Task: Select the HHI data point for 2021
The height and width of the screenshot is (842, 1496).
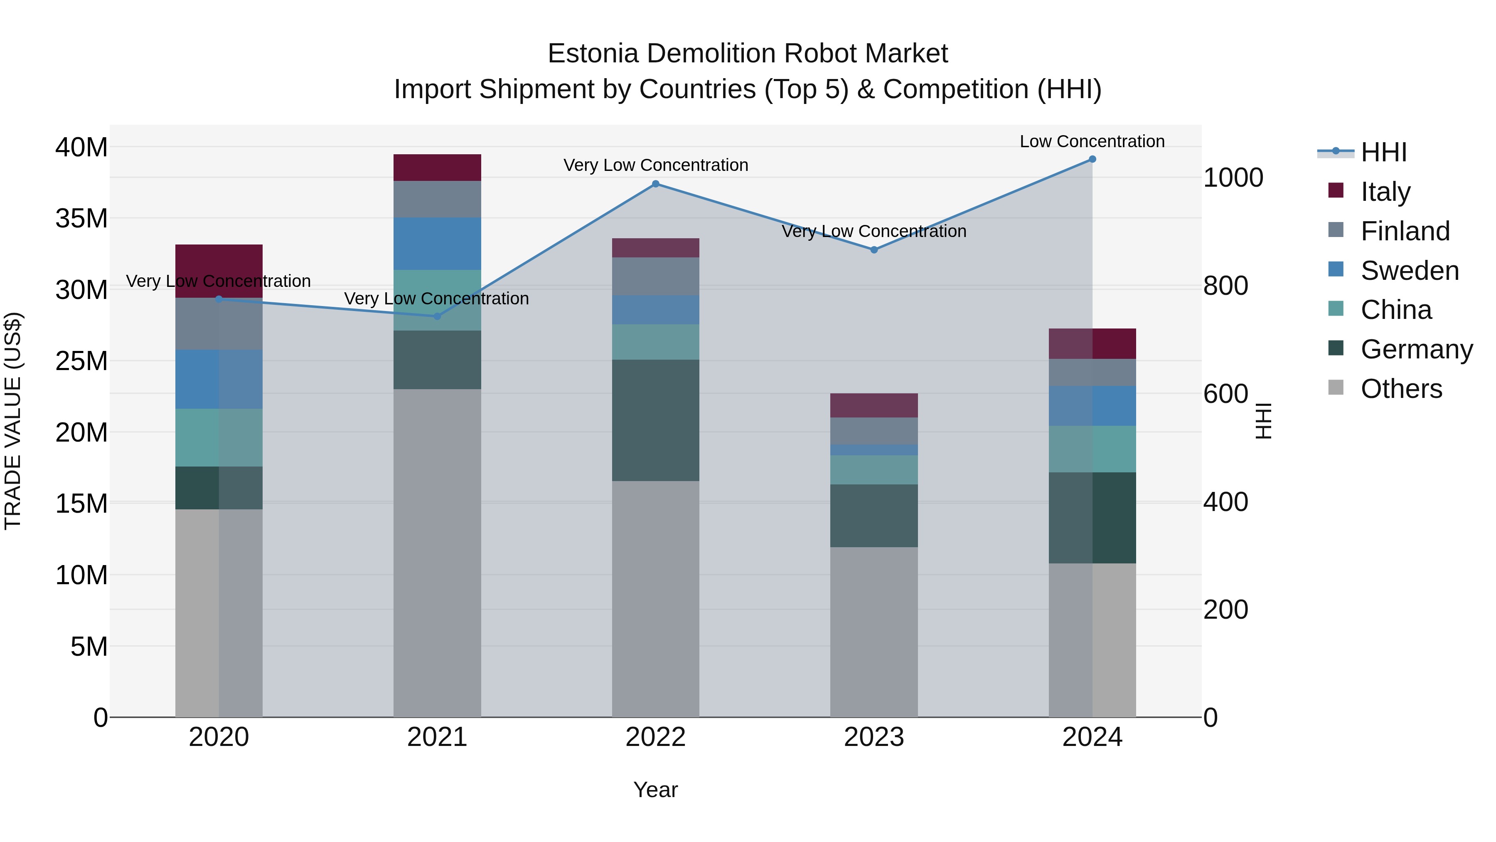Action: click(x=437, y=316)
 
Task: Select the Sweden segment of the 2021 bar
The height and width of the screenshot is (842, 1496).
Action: click(x=437, y=244)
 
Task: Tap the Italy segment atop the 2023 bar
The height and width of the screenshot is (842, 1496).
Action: click(x=873, y=405)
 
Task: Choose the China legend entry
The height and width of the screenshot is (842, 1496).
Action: click(x=1395, y=310)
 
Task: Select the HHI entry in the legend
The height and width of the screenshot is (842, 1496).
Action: click(x=1383, y=152)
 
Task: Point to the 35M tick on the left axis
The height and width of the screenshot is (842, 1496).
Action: click(x=81, y=218)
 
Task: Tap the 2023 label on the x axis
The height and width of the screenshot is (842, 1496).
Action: click(x=873, y=737)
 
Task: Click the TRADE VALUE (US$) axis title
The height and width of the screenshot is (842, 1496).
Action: click(x=13, y=421)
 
